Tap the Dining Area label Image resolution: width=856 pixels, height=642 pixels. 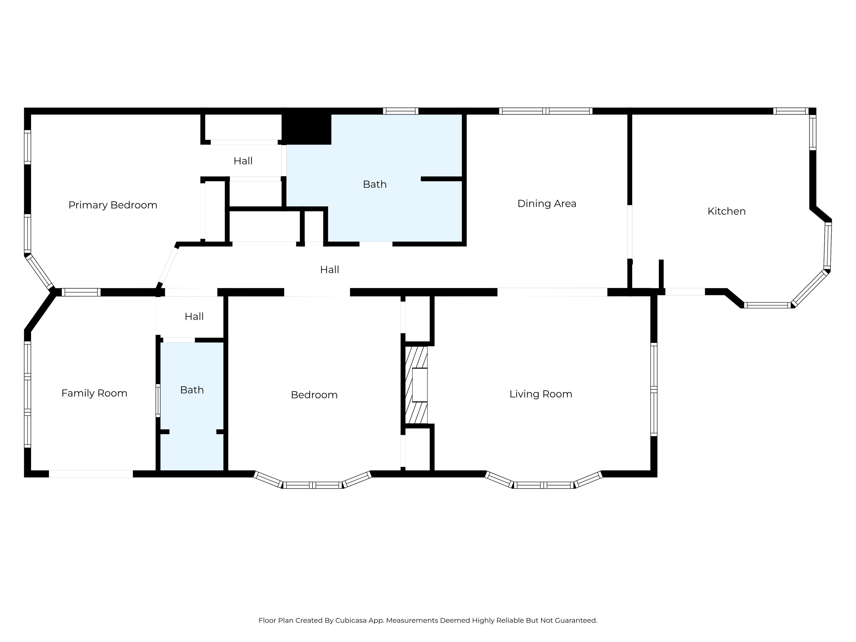[547, 204]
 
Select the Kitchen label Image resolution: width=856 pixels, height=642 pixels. [726, 211]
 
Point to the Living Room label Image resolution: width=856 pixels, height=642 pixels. [541, 394]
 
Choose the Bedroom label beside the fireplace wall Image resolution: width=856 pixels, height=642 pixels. [314, 395]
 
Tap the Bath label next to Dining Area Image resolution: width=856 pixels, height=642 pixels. [374, 184]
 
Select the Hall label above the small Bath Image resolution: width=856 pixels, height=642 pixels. [194, 317]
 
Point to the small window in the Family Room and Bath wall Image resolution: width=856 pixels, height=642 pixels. [158, 401]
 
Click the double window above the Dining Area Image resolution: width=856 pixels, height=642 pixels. [546, 111]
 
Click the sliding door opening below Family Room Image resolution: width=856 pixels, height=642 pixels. [91, 474]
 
